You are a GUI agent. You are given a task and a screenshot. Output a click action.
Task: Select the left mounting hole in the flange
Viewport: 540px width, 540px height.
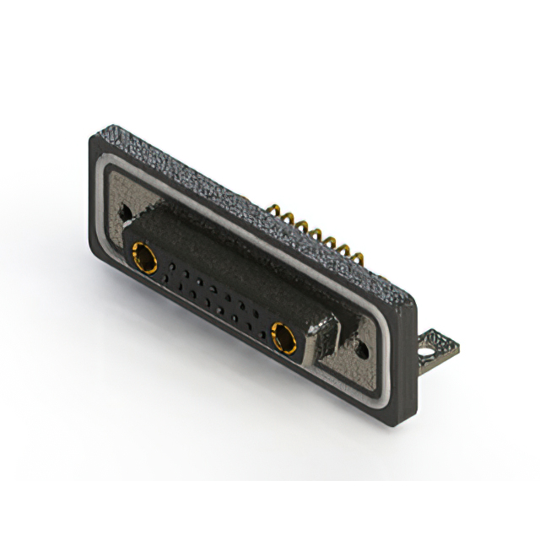tap(127, 212)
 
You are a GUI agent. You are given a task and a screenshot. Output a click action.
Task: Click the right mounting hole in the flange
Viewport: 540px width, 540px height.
tap(362, 347)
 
